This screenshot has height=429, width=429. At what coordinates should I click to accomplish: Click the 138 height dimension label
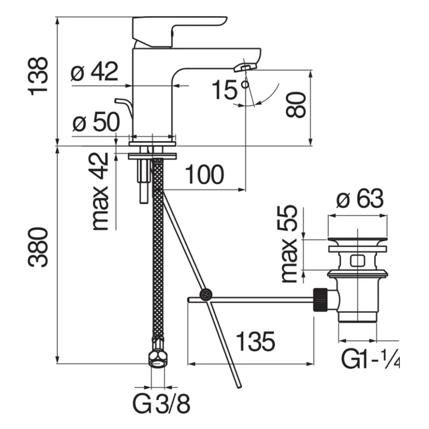(38, 76)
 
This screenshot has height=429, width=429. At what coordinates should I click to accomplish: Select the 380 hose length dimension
(38, 247)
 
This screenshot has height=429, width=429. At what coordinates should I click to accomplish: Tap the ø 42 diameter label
(94, 71)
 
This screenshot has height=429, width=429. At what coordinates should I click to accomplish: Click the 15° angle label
(230, 89)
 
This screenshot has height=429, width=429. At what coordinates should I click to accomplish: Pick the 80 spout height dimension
(295, 105)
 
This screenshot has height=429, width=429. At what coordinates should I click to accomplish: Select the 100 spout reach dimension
(204, 174)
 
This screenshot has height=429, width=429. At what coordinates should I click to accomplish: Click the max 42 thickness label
(100, 191)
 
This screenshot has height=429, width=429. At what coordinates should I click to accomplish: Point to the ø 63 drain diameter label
(360, 199)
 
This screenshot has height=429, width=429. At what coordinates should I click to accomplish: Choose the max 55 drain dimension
(289, 244)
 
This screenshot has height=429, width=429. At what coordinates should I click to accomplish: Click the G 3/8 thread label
(161, 403)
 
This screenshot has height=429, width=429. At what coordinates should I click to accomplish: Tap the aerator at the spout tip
(245, 67)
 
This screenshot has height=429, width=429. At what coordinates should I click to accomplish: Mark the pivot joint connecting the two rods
(206, 295)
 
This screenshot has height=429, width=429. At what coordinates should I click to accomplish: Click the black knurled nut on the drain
(321, 299)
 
